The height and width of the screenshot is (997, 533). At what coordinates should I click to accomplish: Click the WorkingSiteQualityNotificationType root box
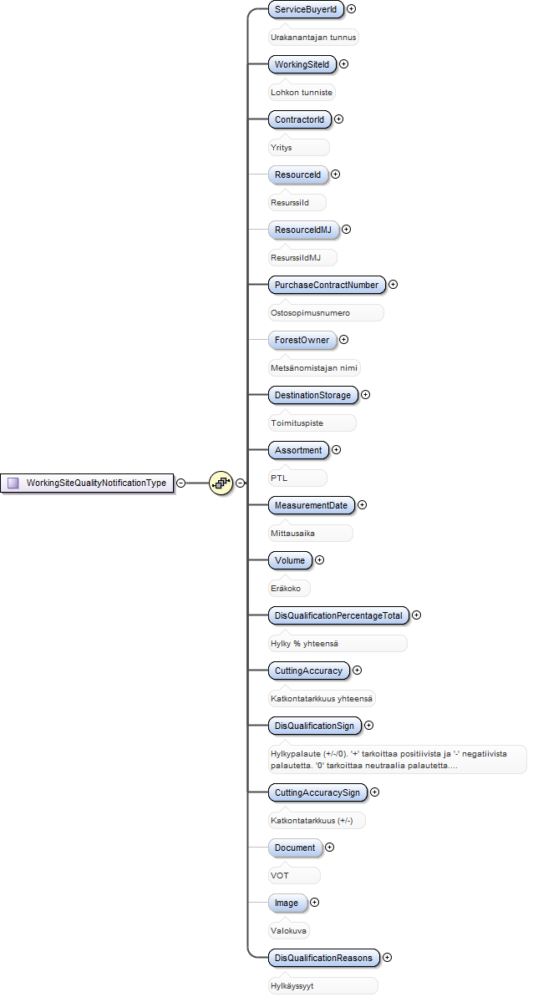click(87, 483)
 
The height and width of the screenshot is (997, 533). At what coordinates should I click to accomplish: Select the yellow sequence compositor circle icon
click(221, 483)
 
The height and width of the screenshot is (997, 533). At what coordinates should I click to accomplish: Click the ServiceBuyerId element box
click(306, 9)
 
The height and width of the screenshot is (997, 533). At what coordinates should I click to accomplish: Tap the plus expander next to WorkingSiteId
click(344, 64)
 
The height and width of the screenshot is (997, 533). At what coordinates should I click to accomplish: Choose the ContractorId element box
click(300, 119)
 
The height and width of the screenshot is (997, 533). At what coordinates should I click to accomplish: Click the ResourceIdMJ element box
click(303, 230)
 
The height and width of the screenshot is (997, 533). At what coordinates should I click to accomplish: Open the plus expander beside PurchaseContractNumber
click(393, 284)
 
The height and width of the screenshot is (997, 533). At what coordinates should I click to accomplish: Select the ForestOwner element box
click(302, 340)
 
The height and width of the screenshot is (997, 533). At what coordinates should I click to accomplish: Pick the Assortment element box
click(298, 449)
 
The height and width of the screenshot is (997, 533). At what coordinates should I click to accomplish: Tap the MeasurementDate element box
click(311, 505)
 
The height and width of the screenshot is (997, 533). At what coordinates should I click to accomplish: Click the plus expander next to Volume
click(319, 560)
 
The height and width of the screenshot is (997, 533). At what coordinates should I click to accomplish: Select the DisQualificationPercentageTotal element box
click(338, 615)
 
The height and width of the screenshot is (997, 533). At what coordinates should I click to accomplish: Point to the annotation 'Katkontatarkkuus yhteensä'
click(322, 698)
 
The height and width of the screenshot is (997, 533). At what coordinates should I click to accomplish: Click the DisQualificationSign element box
click(315, 725)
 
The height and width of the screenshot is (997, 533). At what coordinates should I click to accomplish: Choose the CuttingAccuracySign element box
click(317, 792)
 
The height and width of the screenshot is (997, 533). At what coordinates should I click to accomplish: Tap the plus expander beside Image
click(314, 902)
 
